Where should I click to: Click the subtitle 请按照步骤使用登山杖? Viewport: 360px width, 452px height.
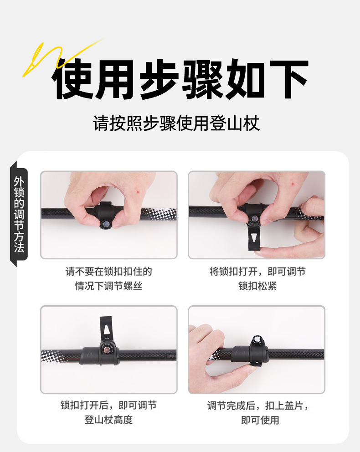tap(176, 123)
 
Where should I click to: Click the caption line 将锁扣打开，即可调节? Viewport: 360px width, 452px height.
tap(257, 272)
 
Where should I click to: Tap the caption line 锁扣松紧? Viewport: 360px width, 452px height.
tap(257, 287)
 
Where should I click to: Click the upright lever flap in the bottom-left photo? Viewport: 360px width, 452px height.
tap(106, 329)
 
